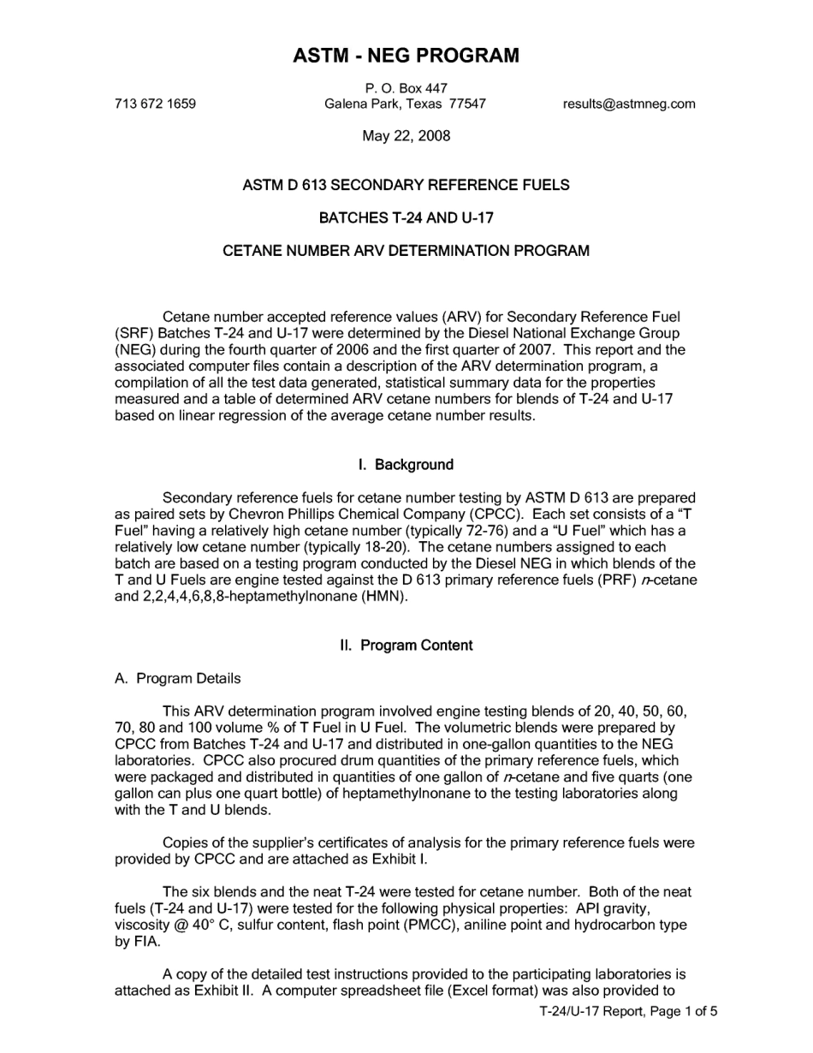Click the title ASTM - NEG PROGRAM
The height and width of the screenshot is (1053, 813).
pyautogui.click(x=406, y=57)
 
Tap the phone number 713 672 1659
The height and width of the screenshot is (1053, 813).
pyautogui.click(x=155, y=104)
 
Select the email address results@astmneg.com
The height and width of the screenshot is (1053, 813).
pyautogui.click(x=629, y=104)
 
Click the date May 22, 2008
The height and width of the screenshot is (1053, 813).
pyautogui.click(x=406, y=136)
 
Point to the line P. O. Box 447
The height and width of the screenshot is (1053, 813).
pyautogui.click(x=406, y=88)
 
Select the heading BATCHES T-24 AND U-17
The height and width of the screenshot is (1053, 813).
pyautogui.click(x=406, y=218)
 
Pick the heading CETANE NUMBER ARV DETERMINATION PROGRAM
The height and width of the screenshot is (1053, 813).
pyautogui.click(x=406, y=252)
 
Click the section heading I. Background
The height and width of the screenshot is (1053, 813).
pyautogui.click(x=406, y=465)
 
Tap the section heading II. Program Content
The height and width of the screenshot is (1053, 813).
pyautogui.click(x=406, y=645)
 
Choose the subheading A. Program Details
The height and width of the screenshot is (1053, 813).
pyautogui.click(x=178, y=679)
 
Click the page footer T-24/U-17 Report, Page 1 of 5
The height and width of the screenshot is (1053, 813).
pyautogui.click(x=628, y=1011)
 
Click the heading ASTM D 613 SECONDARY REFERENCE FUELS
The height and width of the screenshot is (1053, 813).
pyautogui.click(x=406, y=186)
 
